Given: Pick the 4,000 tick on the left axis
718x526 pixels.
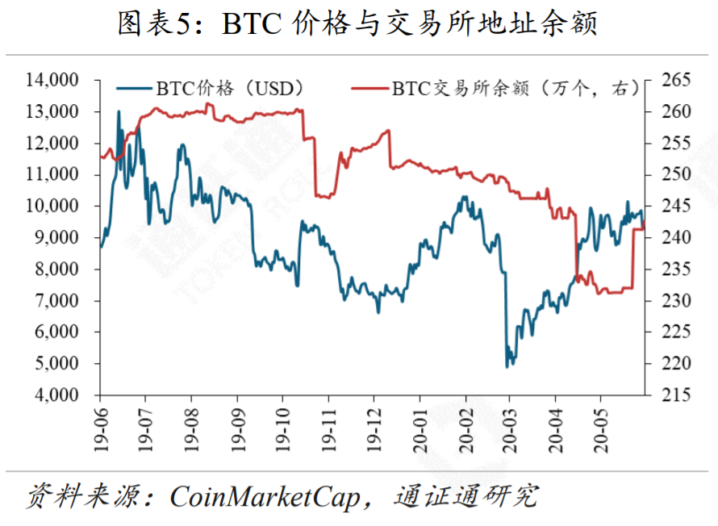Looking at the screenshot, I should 54,395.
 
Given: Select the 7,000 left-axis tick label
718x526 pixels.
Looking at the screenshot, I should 54,301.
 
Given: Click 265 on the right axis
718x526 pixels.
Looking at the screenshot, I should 676,80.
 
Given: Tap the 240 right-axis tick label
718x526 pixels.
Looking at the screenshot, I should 676,238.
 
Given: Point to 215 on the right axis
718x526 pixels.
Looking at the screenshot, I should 676,395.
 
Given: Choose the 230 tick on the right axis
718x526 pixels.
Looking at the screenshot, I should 676,301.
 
